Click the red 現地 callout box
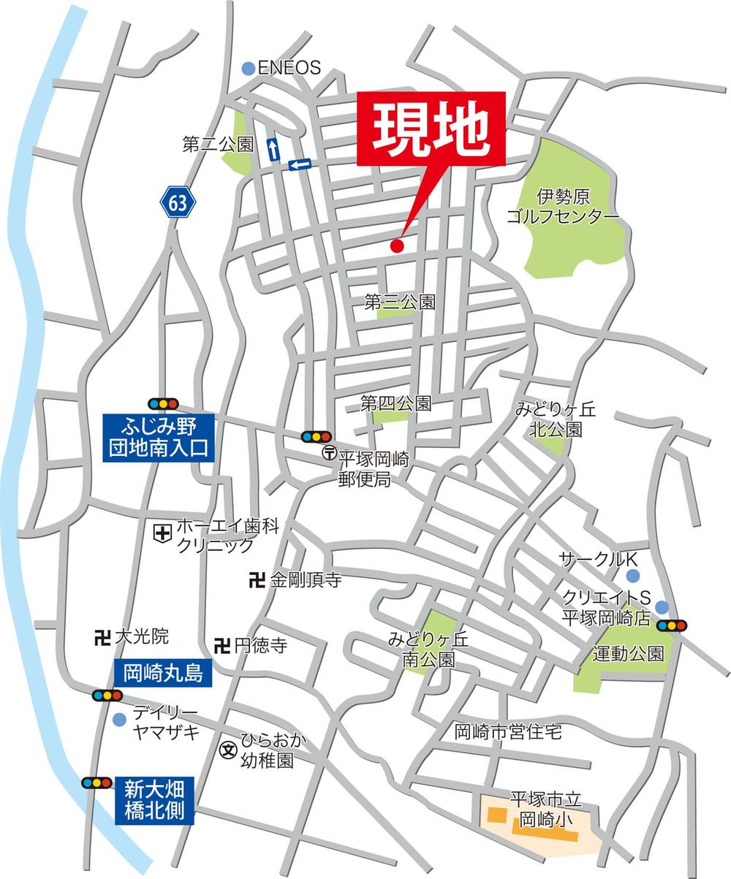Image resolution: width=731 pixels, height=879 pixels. [431, 129]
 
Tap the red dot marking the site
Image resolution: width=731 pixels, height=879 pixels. [397, 246]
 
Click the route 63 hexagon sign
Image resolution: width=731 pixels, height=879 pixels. [178, 203]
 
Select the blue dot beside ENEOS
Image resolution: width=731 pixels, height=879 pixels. [249, 68]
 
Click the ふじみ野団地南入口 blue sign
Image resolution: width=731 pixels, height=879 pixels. [159, 436]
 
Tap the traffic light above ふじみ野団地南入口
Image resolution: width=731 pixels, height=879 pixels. [164, 403]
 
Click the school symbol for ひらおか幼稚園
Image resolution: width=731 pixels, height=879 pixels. [230, 750]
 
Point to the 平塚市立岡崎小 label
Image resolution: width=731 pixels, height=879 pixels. [539, 810]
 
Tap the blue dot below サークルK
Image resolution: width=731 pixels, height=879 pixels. [633, 576]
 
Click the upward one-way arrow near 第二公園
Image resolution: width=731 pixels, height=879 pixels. [273, 149]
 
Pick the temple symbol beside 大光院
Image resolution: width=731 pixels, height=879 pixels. [102, 636]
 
